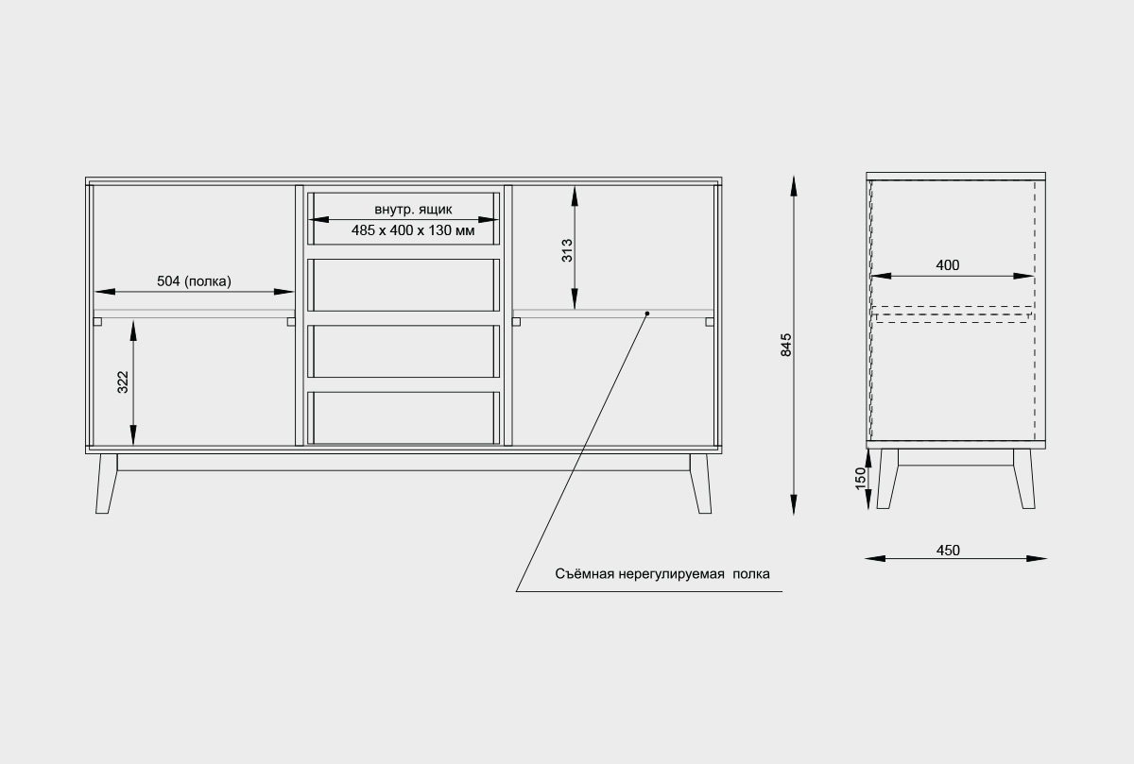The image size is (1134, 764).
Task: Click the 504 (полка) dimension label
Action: [194, 280]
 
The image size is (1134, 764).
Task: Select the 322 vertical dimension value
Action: [123, 382]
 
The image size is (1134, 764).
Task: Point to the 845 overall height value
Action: [786, 346]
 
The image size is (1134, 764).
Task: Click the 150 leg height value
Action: [860, 478]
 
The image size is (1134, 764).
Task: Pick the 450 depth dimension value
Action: [948, 551]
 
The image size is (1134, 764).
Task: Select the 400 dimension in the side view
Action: [948, 265]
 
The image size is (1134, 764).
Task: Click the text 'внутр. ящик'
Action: [413, 209]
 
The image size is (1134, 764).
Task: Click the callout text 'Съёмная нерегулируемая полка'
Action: [661, 573]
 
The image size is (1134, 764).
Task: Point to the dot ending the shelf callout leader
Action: [647, 312]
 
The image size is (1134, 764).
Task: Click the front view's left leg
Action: [106, 484]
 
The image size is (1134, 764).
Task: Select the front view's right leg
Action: [700, 484]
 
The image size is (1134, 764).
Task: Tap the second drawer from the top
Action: [404, 284]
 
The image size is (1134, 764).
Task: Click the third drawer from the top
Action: [404, 351]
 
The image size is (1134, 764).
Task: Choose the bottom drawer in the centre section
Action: [404, 416]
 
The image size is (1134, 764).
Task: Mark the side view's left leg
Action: [887, 478]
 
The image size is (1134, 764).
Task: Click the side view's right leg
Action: [1024, 478]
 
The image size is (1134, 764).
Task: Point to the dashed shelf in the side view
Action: [952, 314]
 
